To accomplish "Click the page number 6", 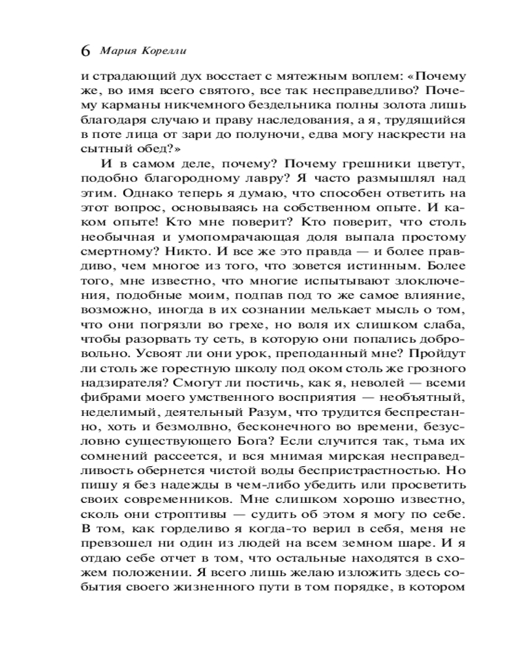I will [85, 51].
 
